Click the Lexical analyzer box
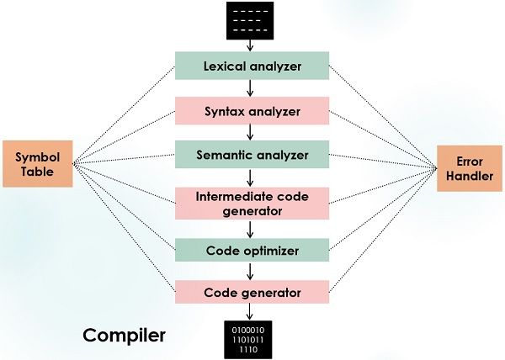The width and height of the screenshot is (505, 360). coord(251,66)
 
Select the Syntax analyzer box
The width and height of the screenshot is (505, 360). coord(251,111)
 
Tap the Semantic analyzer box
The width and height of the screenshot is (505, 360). coord(251,156)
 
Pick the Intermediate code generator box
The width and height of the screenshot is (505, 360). coord(251,203)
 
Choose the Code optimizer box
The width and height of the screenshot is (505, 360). coord(251,250)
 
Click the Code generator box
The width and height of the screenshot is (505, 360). coord(251,292)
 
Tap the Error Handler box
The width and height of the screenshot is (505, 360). coord(468,168)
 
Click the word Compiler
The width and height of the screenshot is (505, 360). coord(124,336)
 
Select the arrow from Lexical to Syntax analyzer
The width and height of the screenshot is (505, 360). coord(251,88)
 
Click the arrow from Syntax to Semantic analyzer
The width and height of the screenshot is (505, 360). coord(251,133)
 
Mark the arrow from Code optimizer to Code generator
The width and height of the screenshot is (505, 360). coord(251,271)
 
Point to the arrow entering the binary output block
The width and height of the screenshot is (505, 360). coord(251,312)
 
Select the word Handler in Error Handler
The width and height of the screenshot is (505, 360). coord(468,177)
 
